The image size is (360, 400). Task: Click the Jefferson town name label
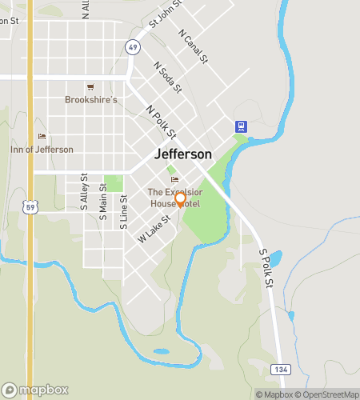[183, 154]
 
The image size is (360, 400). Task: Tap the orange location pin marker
[181, 198]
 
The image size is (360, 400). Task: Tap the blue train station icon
[240, 126]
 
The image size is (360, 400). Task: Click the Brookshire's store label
[91, 100]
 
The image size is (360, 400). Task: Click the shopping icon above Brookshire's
[90, 86]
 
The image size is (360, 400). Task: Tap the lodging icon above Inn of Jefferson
[42, 136]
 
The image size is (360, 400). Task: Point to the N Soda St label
[168, 77]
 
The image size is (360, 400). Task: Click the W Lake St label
[154, 228]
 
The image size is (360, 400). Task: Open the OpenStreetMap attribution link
[328, 394]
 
